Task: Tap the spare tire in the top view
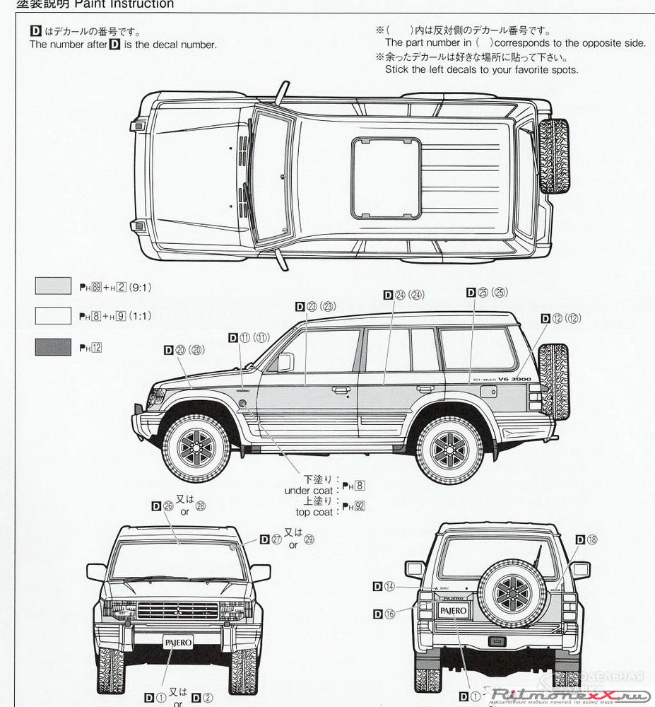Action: (x=554, y=156)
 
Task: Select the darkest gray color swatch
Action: (x=53, y=347)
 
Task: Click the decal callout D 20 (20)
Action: (x=184, y=349)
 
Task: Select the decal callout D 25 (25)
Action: (x=487, y=292)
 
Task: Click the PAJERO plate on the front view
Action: (x=176, y=643)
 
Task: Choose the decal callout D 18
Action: (x=586, y=539)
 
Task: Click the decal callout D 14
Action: (x=386, y=586)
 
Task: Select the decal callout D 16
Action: (x=386, y=614)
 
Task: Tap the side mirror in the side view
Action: (x=284, y=363)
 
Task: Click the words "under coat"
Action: (x=308, y=491)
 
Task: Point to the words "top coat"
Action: (x=314, y=512)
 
